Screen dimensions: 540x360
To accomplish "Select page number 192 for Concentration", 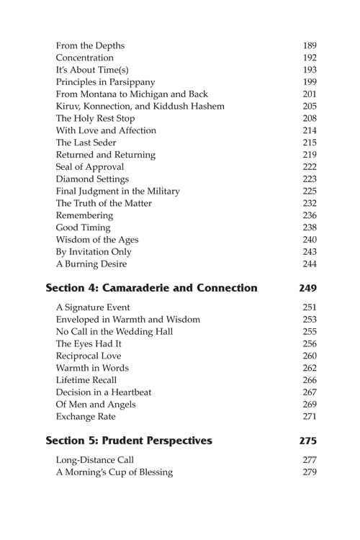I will tap(310, 58).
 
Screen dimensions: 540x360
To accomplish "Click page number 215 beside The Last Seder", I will tap(310, 143).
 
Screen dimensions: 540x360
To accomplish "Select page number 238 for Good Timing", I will tap(310, 228).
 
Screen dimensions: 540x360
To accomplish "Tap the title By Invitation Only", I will tap(94, 253).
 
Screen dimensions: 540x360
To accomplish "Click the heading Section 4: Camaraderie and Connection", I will tap(151, 289).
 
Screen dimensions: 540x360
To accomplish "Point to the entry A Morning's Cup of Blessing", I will tap(114, 472).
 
